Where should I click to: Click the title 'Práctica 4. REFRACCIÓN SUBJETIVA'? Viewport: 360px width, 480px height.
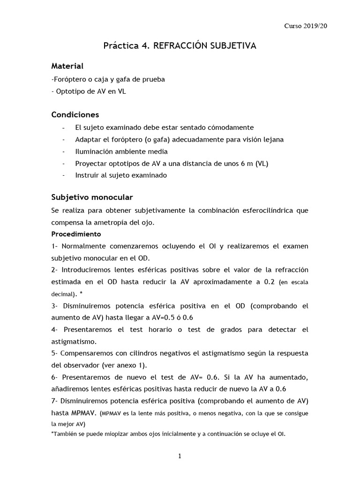[180, 46]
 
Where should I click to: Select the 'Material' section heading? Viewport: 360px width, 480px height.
[67, 67]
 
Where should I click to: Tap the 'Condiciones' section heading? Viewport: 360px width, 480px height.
[75, 115]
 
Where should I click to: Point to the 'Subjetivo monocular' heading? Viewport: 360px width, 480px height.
[92, 197]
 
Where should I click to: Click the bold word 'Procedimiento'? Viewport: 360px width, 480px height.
[76, 234]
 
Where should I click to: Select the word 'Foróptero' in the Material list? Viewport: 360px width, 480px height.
[69, 79]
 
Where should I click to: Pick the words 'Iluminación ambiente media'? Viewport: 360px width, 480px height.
[121, 152]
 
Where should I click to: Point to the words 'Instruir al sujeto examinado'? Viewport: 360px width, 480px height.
[121, 176]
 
